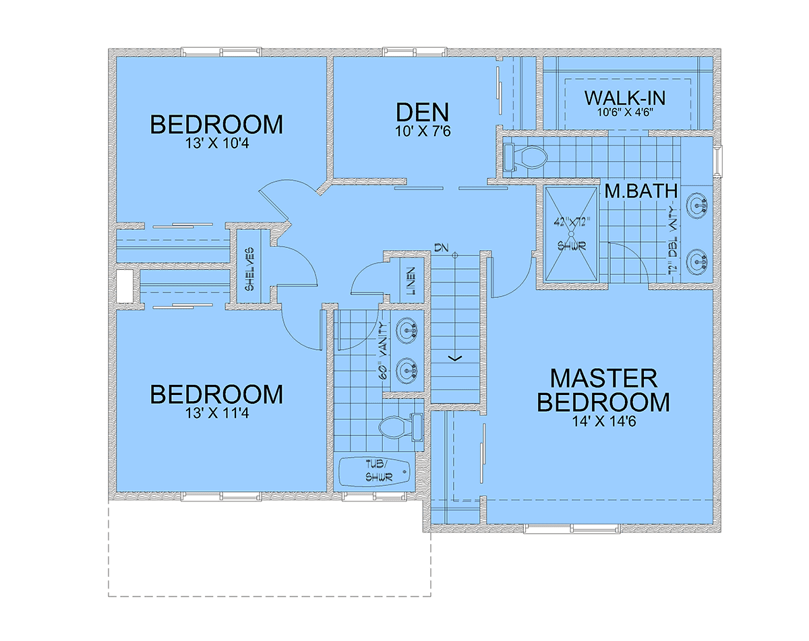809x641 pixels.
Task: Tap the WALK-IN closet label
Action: (x=624, y=98)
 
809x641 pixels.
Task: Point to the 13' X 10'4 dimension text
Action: (x=216, y=144)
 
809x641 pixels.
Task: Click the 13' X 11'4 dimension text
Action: (x=216, y=413)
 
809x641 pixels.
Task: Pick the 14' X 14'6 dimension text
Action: (x=603, y=423)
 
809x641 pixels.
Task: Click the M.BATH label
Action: (x=640, y=191)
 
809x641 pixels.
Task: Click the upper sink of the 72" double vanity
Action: (x=696, y=202)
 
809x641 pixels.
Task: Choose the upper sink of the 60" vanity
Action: (x=407, y=330)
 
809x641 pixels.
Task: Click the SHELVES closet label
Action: (x=249, y=268)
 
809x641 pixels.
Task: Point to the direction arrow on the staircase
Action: (x=456, y=357)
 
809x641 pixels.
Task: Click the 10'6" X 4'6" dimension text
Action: (x=624, y=112)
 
